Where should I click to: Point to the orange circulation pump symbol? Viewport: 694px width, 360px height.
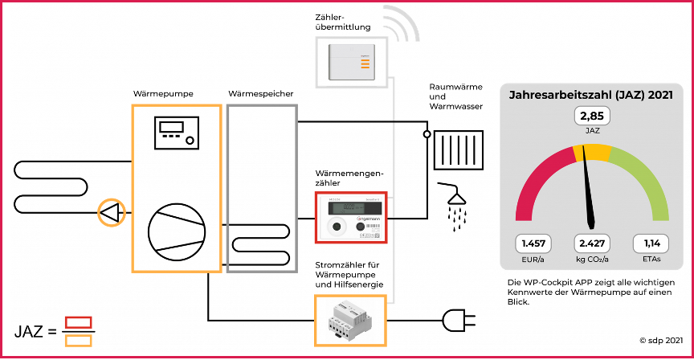click(x=111, y=212)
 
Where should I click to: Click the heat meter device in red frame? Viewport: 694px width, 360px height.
click(x=351, y=217)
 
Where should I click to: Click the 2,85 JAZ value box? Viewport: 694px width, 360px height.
click(x=591, y=117)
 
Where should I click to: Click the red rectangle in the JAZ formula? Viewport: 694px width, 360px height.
click(x=78, y=322)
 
